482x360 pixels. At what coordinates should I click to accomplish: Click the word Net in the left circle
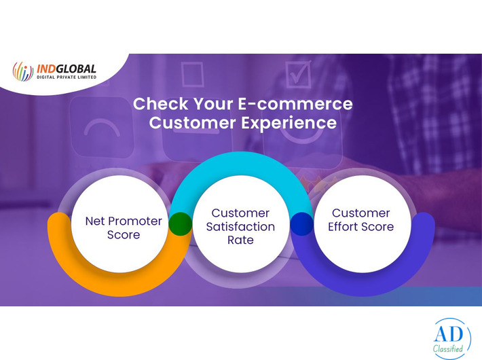tap(95, 221)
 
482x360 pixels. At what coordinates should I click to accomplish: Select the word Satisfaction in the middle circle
tap(241, 227)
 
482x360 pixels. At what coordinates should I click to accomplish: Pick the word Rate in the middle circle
tap(241, 240)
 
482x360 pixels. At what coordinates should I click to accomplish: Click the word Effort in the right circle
tap(346, 227)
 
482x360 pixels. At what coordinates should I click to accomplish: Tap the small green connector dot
tap(181, 223)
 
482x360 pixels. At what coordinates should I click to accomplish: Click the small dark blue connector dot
tap(301, 223)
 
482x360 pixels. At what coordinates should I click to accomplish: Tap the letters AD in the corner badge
tap(449, 335)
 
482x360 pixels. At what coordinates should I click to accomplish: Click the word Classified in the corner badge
tap(449, 349)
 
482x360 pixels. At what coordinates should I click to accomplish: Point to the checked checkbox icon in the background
tap(297, 75)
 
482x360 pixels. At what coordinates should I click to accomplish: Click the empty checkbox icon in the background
tap(192, 74)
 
